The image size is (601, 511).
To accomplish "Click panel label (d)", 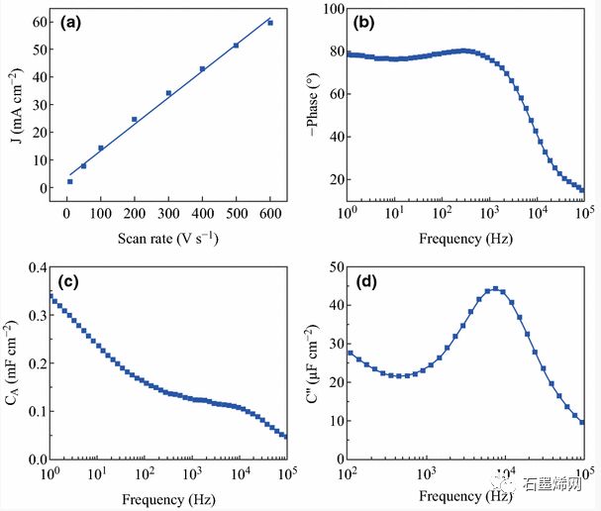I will click(x=362, y=285).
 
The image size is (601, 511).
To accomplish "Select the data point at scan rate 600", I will click(x=270, y=23).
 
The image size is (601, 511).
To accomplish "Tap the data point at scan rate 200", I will click(x=135, y=120).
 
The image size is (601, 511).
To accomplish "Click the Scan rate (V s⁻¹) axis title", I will click(x=167, y=238).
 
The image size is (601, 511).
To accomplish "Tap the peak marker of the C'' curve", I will click(x=495, y=289).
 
